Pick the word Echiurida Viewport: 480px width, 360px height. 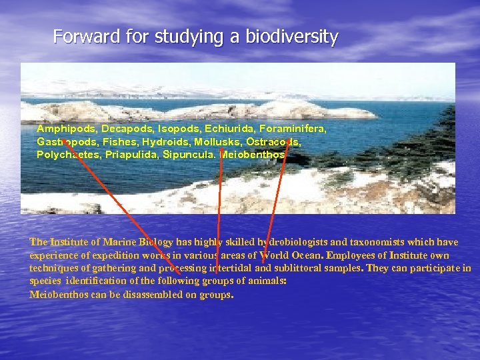[x=225, y=128]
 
